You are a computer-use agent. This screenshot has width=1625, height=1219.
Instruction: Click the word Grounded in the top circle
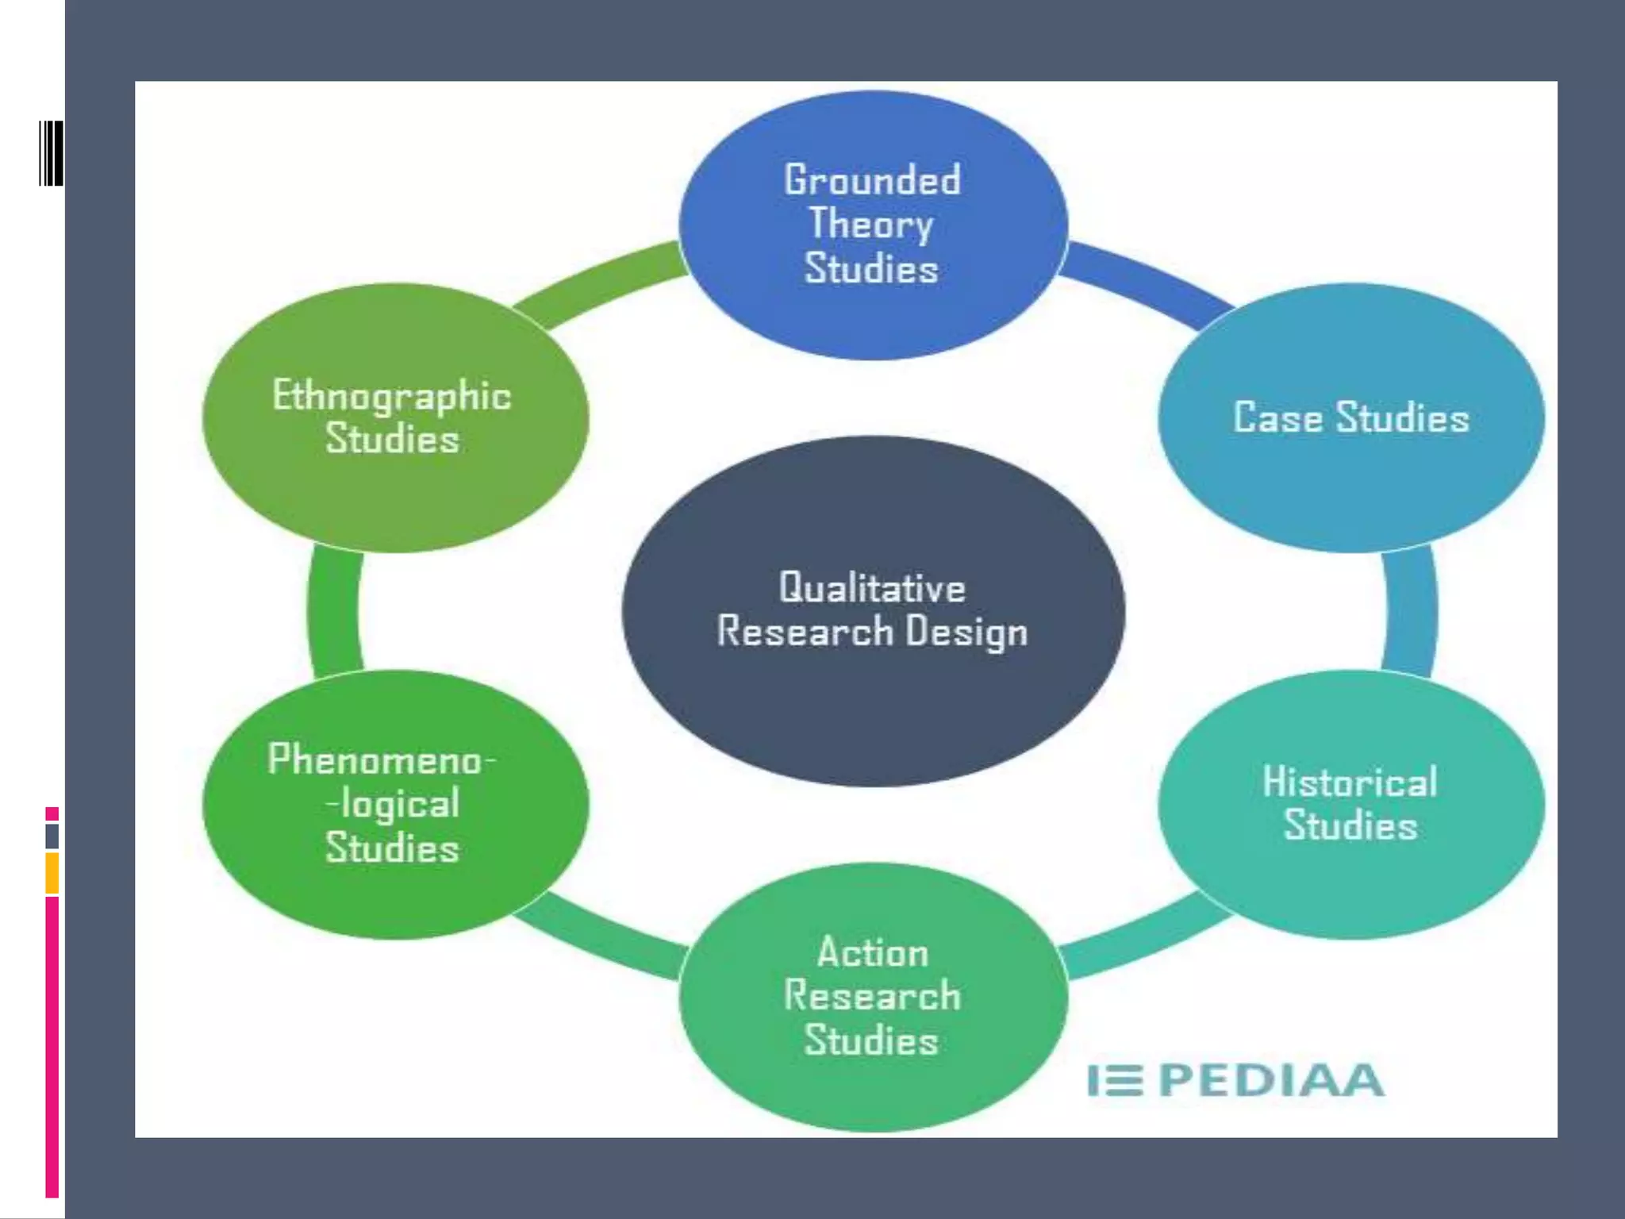point(872,180)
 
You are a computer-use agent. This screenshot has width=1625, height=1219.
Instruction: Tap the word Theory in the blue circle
point(870,225)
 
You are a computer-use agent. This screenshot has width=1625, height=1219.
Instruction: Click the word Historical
point(1350,783)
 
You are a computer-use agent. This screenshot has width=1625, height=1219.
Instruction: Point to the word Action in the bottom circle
point(873,952)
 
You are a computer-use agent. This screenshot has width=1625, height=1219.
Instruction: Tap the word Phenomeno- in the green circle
point(382,760)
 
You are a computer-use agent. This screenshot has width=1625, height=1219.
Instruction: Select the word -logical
point(394,805)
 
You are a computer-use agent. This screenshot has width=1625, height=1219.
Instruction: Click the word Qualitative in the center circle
point(872,589)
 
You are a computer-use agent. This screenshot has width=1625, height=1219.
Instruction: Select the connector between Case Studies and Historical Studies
point(1411,611)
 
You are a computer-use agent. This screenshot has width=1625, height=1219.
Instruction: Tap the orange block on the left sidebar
point(52,873)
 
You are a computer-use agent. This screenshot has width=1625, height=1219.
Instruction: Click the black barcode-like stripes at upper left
point(52,153)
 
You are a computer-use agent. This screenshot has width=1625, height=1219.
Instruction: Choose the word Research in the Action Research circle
point(872,997)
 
